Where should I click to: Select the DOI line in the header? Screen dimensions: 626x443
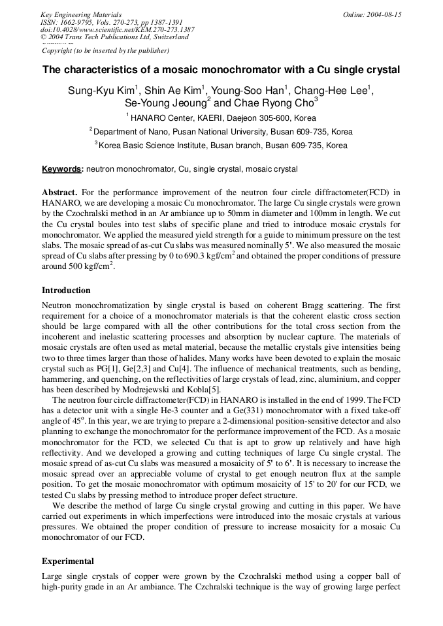(x=117, y=29)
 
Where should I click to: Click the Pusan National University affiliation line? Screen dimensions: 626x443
(x=222, y=131)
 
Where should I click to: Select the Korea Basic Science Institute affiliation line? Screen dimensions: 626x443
(x=222, y=145)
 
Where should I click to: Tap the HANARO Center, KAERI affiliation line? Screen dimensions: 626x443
(x=222, y=118)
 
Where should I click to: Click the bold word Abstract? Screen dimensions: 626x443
(x=59, y=192)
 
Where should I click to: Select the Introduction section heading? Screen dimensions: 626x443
(x=66, y=290)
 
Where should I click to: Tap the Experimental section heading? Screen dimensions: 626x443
(x=68, y=561)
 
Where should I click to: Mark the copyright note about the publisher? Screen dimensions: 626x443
(x=105, y=50)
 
